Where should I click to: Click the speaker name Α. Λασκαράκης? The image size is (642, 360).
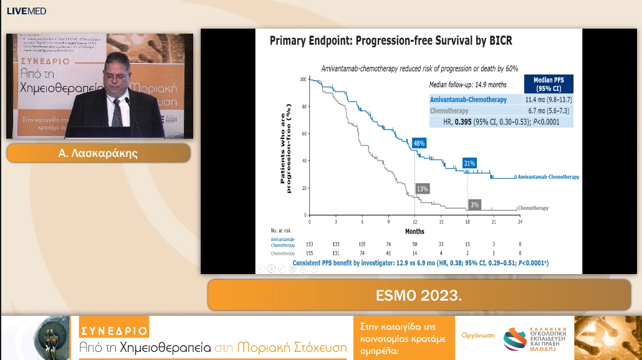tap(98, 153)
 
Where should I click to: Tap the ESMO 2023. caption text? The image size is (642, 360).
tap(418, 295)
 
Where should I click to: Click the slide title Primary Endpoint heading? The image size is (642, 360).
tap(390, 41)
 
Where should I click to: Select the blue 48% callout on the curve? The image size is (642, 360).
tap(419, 143)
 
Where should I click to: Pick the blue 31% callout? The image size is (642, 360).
tap(469, 163)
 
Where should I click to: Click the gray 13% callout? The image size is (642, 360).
tap(422, 189)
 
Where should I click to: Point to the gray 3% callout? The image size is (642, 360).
tap(474, 204)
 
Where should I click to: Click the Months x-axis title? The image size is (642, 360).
tap(414, 231)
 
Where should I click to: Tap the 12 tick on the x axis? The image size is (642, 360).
tap(414, 222)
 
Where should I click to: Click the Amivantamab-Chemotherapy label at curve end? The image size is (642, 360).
tap(549, 177)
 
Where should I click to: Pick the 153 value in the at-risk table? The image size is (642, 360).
tap(309, 243)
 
